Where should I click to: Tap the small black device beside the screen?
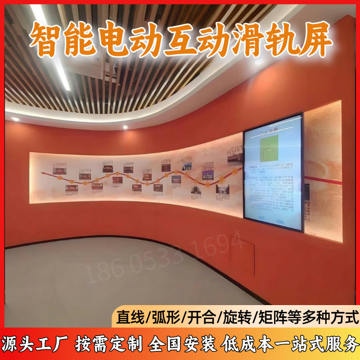click(307, 191)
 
